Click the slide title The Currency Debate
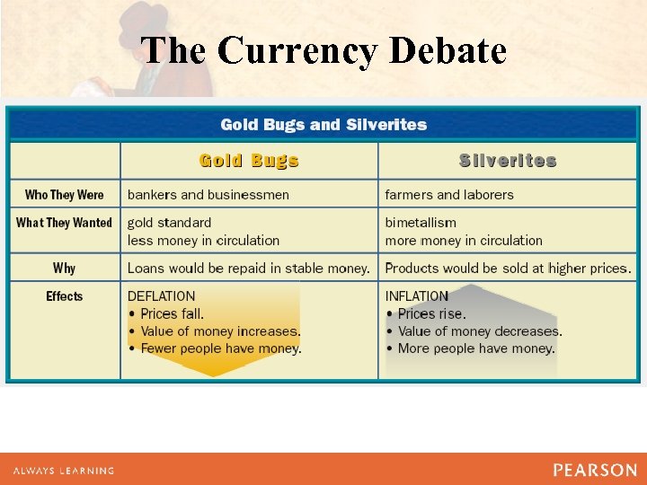click(x=323, y=50)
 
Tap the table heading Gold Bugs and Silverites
click(x=323, y=124)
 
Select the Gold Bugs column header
click(x=249, y=161)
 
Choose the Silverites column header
click(x=508, y=161)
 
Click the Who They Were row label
click(x=65, y=195)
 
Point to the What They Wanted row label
click(x=65, y=223)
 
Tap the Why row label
click(x=65, y=268)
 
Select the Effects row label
click(x=65, y=296)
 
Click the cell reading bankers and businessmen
click(x=208, y=195)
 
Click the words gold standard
click(x=170, y=223)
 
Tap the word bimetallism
click(x=421, y=223)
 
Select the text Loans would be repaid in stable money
click(x=249, y=268)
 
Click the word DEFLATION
click(x=162, y=296)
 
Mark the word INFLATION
click(x=417, y=296)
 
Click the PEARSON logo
click(x=595, y=470)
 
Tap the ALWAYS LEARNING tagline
click(x=64, y=471)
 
